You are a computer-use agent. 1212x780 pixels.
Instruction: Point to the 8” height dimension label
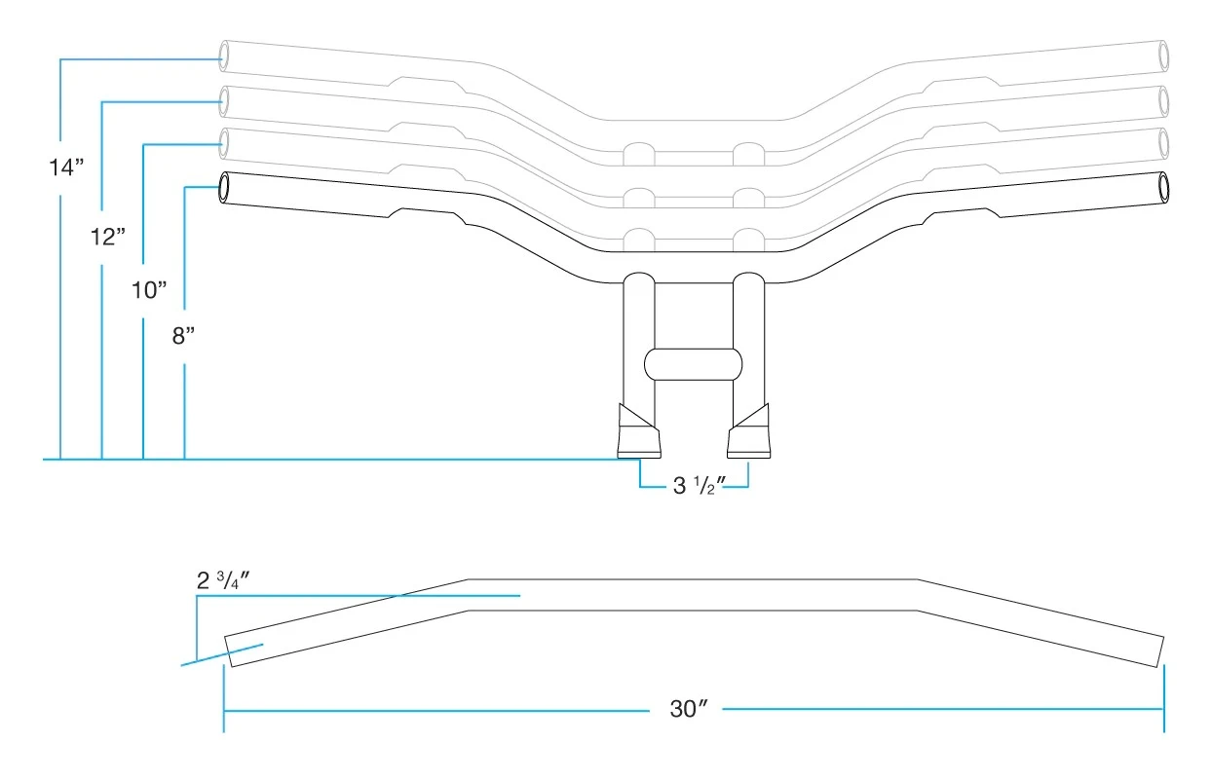(183, 336)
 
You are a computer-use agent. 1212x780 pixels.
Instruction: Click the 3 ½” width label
(694, 485)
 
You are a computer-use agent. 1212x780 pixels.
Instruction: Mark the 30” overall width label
(688, 709)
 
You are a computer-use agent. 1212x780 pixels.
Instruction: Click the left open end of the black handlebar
(225, 187)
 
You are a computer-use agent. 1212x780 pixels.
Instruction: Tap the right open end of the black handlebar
(1162, 186)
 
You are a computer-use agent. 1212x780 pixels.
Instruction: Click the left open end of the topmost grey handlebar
(225, 55)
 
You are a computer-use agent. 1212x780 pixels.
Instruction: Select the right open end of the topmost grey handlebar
(1162, 55)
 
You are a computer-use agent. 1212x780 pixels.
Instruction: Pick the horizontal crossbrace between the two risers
(694, 363)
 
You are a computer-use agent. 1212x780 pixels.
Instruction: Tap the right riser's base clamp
(749, 433)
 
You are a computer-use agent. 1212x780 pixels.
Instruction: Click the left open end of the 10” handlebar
(225, 142)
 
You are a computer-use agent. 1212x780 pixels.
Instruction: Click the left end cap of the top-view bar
(229, 651)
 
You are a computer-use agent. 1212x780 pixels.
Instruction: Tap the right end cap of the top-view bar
(1159, 650)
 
